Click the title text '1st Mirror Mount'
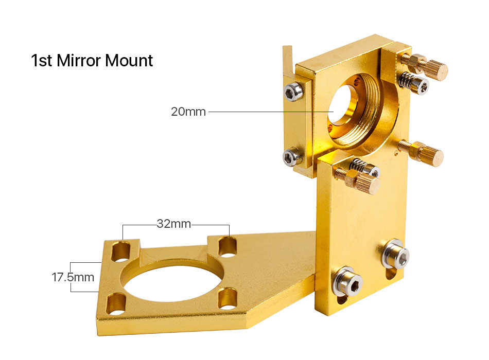pyautogui.click(x=92, y=60)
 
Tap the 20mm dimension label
pyautogui.click(x=188, y=112)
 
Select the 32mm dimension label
pyautogui.click(x=173, y=224)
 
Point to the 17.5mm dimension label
pyautogui.click(x=73, y=277)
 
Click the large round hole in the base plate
pyautogui.click(x=173, y=281)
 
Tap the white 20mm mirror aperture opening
pyautogui.click(x=340, y=104)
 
